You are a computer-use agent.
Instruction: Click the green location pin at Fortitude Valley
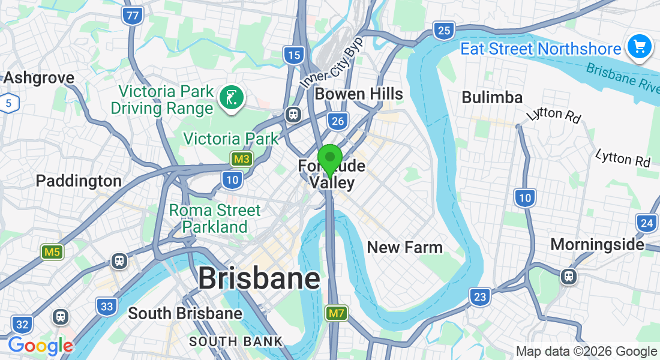coord(329,159)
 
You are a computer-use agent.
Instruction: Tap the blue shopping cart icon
coord(639,47)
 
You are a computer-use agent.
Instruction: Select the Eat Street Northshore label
coord(540,49)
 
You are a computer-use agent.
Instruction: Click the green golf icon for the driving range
coord(231,97)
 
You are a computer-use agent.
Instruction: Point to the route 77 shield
coord(133,16)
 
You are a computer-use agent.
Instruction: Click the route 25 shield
coord(444,31)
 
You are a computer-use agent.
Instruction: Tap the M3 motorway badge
coord(242,159)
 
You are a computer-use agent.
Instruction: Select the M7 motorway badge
coord(336,313)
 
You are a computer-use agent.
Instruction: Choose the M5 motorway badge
coord(52,252)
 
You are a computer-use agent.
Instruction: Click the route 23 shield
coord(479,296)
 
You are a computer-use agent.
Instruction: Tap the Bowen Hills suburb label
coord(359,94)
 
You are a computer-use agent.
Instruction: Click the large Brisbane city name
coord(259,279)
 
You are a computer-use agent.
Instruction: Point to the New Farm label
coord(404,247)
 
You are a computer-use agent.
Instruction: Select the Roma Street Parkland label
coord(215,219)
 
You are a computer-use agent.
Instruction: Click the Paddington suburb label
coord(79,181)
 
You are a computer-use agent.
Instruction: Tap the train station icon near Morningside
coord(569,276)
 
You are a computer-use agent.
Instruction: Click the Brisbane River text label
coord(622,78)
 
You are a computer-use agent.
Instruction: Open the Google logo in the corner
coord(40,346)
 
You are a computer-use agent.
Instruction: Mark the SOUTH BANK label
coord(236,341)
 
